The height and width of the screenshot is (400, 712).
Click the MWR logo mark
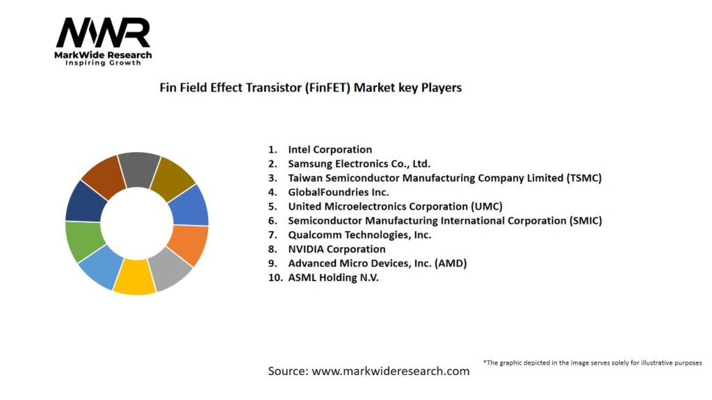click(103, 33)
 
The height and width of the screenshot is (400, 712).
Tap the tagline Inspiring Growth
click(103, 62)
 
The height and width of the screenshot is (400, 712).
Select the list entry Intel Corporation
click(330, 149)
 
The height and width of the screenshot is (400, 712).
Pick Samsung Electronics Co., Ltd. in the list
click(359, 164)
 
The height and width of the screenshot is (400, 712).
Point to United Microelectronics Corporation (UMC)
click(394, 206)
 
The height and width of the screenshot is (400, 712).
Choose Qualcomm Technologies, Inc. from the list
click(359, 235)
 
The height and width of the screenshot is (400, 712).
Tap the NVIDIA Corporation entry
click(337, 249)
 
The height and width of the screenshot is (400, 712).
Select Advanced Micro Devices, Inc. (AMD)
click(377, 263)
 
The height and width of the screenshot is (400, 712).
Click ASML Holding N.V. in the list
click(333, 278)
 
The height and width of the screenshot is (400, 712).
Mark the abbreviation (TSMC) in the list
click(583, 178)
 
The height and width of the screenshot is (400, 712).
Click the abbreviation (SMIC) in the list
click(585, 221)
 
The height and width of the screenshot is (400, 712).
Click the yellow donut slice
click(134, 276)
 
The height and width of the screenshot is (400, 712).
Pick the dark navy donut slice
click(86, 200)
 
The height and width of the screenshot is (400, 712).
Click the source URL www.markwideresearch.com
click(390, 371)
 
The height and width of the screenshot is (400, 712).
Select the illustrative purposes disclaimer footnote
click(592, 362)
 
